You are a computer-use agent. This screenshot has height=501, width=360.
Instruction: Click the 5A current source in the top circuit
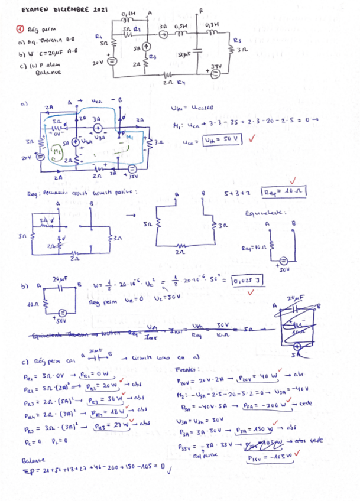[146, 47]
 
